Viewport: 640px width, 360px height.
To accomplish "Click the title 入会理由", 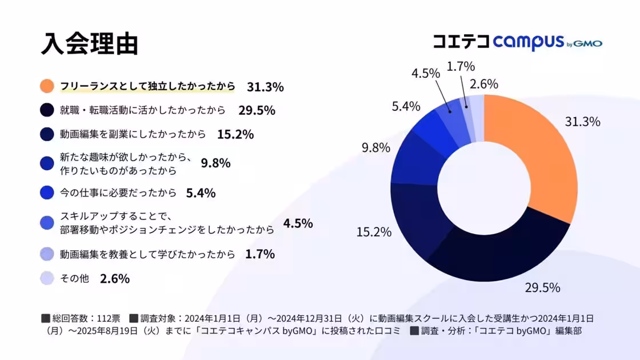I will (x=89, y=45).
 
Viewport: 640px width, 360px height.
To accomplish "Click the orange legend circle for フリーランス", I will (x=47, y=87).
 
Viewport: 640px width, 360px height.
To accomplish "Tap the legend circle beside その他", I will (x=47, y=279).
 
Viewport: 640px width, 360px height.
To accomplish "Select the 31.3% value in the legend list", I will (x=265, y=87).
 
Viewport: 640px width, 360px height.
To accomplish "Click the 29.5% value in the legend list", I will (x=257, y=110).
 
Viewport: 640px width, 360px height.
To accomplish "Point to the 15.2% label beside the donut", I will (x=374, y=232).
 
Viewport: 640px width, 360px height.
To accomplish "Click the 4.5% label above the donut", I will (x=426, y=73).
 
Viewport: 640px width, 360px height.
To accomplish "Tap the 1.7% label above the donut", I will (x=461, y=67).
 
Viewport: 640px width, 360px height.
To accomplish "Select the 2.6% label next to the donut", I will (x=484, y=84).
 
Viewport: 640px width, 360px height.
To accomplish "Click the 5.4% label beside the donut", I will (x=406, y=106).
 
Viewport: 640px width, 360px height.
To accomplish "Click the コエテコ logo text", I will (x=461, y=41).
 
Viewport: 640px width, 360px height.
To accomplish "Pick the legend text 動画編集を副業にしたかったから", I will (x=133, y=134).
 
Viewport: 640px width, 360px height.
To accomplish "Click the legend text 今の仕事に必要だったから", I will (x=118, y=193).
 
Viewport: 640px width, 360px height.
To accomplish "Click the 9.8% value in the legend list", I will (x=215, y=163).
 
